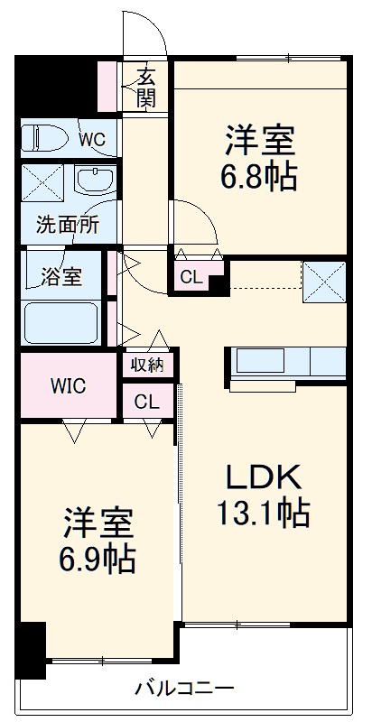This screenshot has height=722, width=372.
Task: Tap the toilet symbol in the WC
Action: pyautogui.click(x=48, y=138)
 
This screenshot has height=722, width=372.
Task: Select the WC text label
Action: pyautogui.click(x=91, y=140)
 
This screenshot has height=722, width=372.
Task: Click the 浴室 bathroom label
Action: pyautogui.click(x=60, y=277)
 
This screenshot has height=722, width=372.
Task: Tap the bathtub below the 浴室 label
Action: pyautogui.click(x=60, y=323)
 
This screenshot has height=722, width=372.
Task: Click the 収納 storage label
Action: pyautogui.click(x=147, y=365)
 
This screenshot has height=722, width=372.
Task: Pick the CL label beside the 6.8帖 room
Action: pyautogui.click(x=191, y=278)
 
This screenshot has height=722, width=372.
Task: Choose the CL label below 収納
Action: pyautogui.click(x=146, y=402)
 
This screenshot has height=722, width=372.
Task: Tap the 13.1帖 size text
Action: pyautogui.click(x=262, y=513)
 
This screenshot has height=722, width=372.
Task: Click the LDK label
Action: pyautogui.click(x=262, y=476)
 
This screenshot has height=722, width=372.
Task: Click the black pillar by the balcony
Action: pyautogui.click(x=32, y=650)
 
